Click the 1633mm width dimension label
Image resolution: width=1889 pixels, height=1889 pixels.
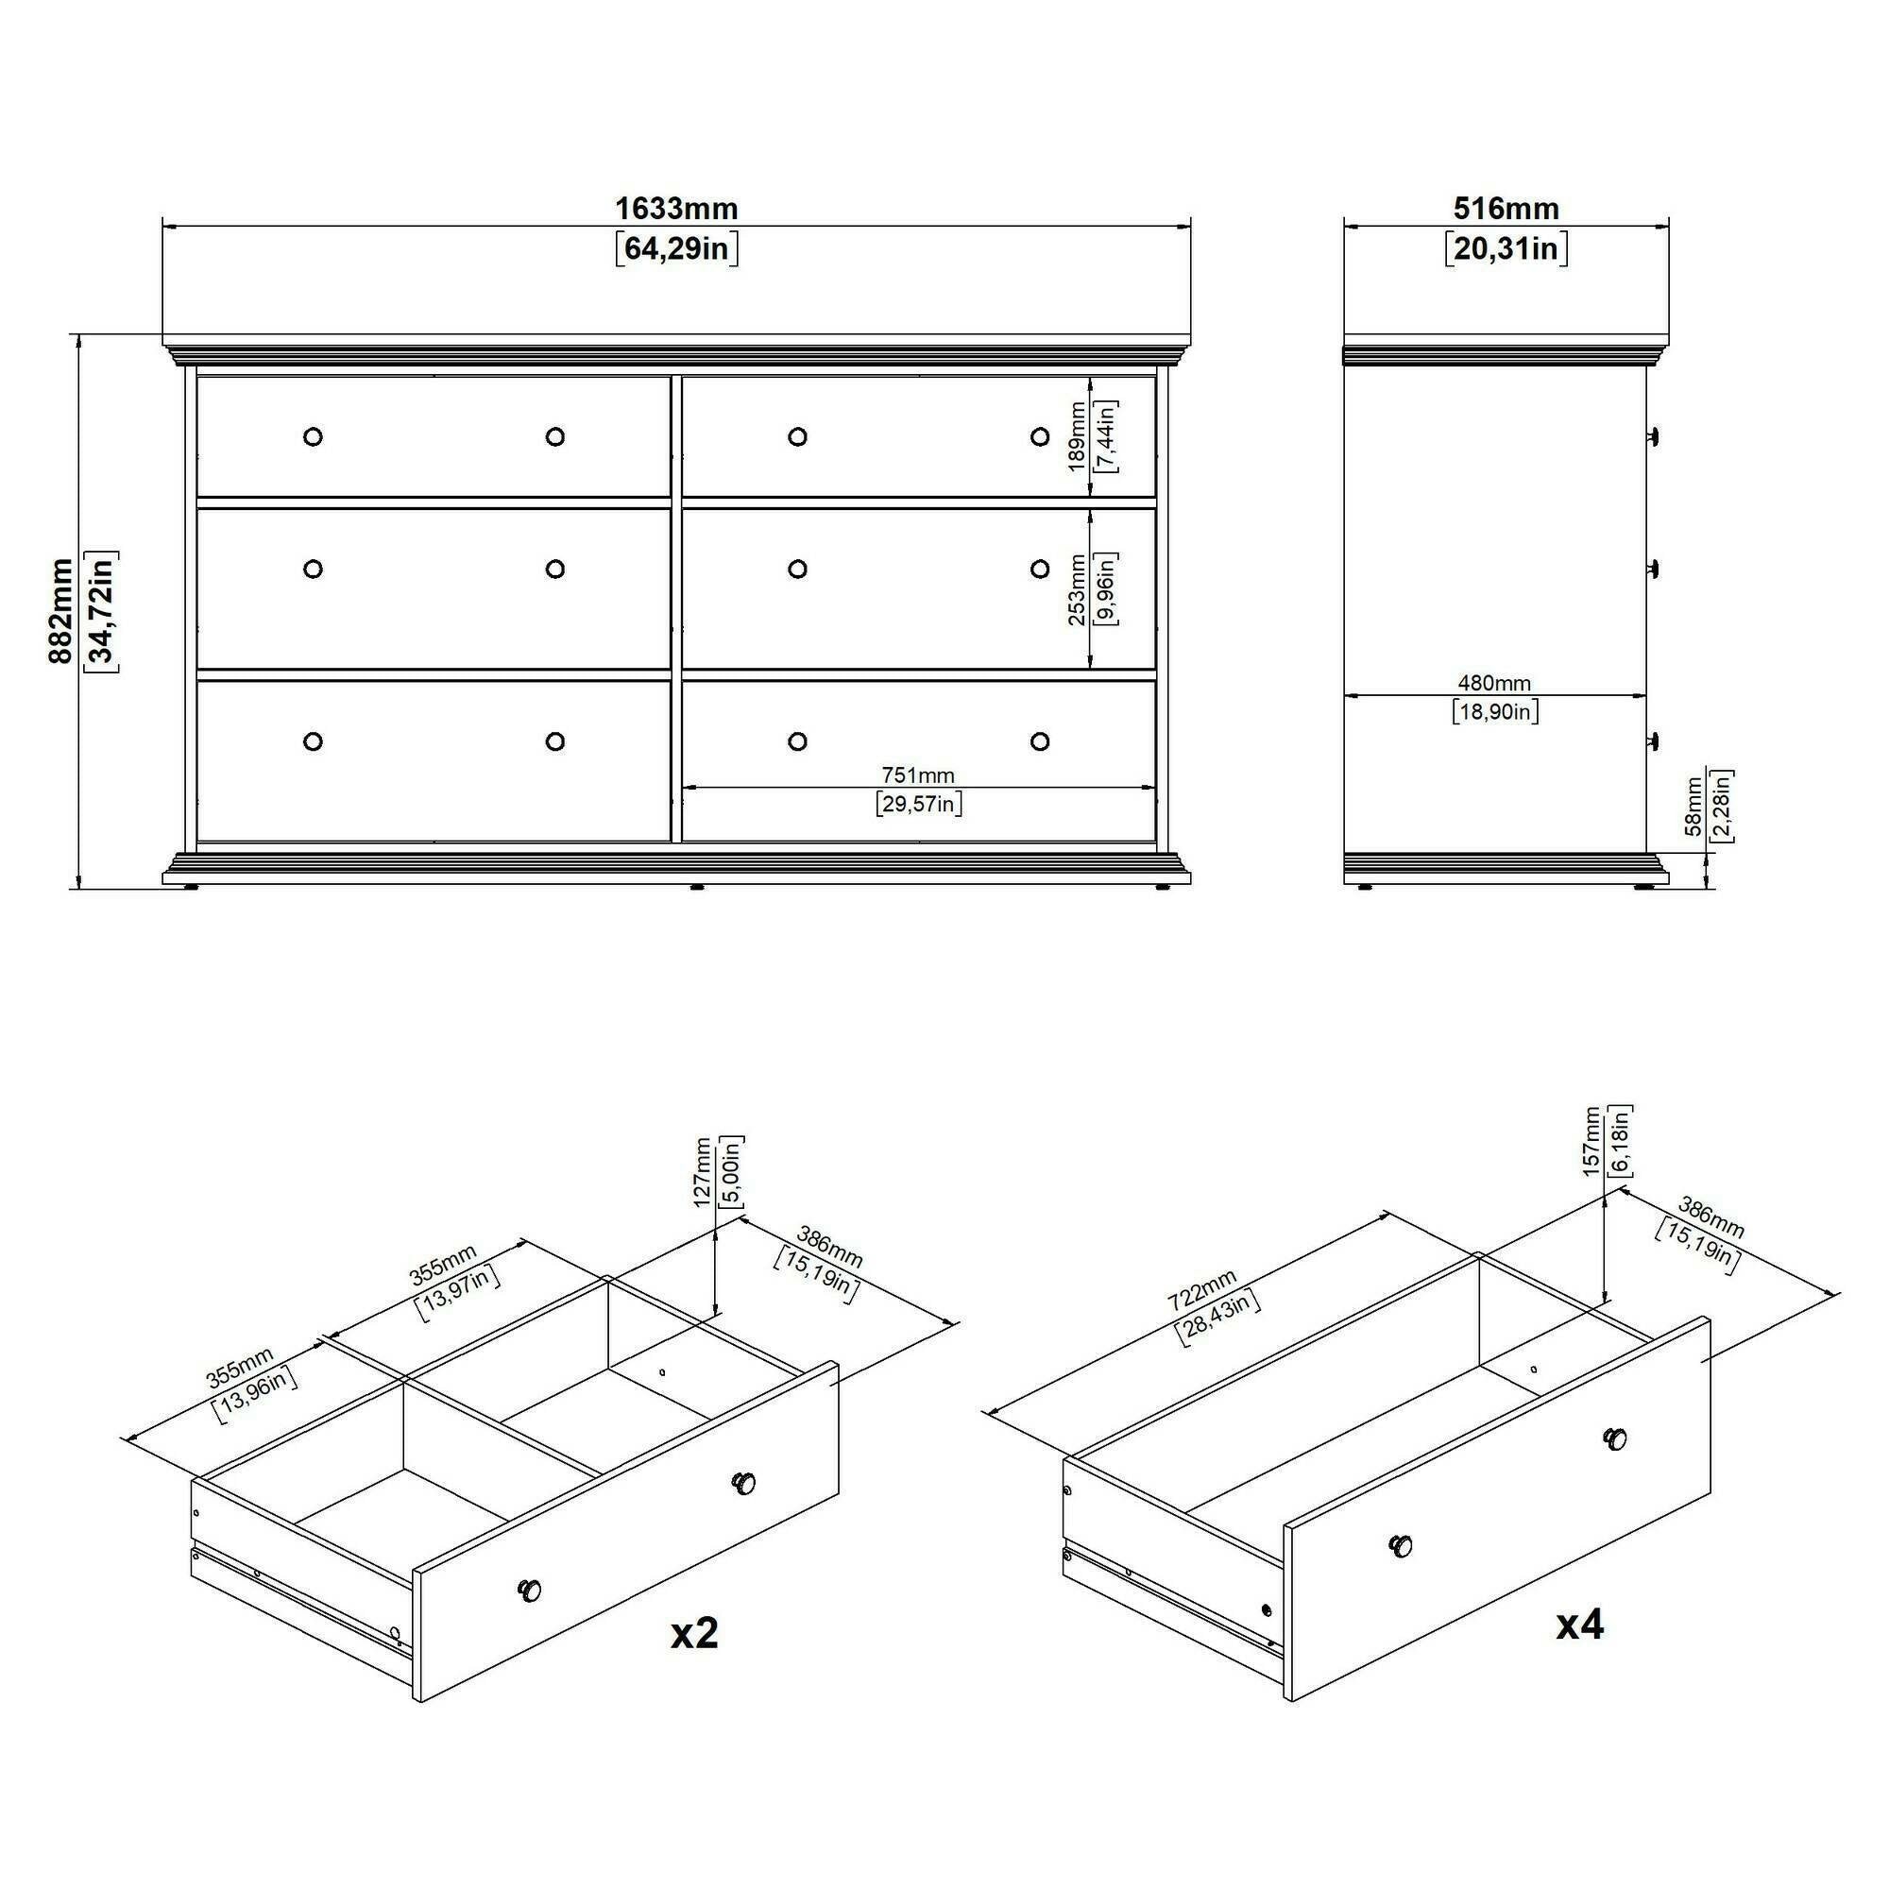[675, 208]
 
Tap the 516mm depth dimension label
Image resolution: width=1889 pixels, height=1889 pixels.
[1506, 208]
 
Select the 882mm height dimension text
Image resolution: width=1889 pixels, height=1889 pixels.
[60, 611]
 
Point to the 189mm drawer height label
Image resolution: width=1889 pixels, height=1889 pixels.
[1077, 436]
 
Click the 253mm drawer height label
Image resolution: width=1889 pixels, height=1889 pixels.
[1077, 589]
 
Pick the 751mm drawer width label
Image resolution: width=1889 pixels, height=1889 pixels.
[918, 775]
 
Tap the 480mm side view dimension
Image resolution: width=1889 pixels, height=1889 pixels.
[1494, 683]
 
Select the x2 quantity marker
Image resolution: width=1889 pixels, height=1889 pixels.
[694, 1633]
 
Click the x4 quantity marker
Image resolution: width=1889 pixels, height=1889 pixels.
[1580, 1624]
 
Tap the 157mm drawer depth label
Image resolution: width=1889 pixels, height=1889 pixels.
[1591, 1141]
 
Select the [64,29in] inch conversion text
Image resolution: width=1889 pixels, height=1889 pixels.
[675, 248]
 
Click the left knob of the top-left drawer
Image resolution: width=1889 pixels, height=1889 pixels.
[313, 436]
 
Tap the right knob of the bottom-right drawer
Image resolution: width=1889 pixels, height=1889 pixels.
[1039, 741]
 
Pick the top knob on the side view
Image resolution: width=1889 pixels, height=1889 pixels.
[1655, 436]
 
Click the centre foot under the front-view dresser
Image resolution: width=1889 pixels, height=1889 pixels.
[696, 887]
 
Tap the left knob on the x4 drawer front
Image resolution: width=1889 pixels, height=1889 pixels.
[1401, 1546]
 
